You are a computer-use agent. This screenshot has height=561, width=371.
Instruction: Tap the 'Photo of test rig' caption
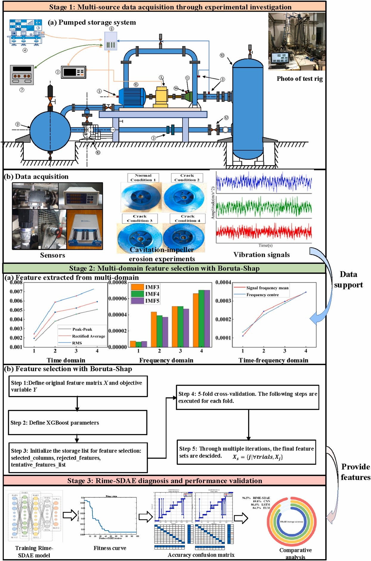[299, 79]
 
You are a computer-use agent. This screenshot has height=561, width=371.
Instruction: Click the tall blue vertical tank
[248, 107]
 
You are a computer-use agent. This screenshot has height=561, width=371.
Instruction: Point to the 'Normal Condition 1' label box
[143, 178]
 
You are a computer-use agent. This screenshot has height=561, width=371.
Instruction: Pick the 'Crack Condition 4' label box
[188, 218]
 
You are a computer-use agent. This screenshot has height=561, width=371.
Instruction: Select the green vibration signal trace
[264, 207]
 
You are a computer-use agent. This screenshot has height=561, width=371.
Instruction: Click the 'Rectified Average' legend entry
[88, 336]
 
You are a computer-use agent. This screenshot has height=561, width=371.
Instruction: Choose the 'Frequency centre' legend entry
[262, 295]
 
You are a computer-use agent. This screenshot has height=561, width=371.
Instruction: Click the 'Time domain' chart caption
[66, 360]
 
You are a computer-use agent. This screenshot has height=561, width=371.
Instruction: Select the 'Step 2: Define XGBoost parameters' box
[78, 422]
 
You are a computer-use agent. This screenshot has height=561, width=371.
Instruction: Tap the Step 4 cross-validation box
[248, 397]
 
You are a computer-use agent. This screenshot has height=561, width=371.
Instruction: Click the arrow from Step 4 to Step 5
[248, 425]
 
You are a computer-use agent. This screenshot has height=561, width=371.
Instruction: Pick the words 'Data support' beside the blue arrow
[348, 280]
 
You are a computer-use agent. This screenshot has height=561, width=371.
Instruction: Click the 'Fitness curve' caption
[110, 548]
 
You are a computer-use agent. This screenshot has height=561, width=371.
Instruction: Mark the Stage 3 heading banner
[164, 481]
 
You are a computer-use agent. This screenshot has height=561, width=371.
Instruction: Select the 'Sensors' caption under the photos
[52, 255]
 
